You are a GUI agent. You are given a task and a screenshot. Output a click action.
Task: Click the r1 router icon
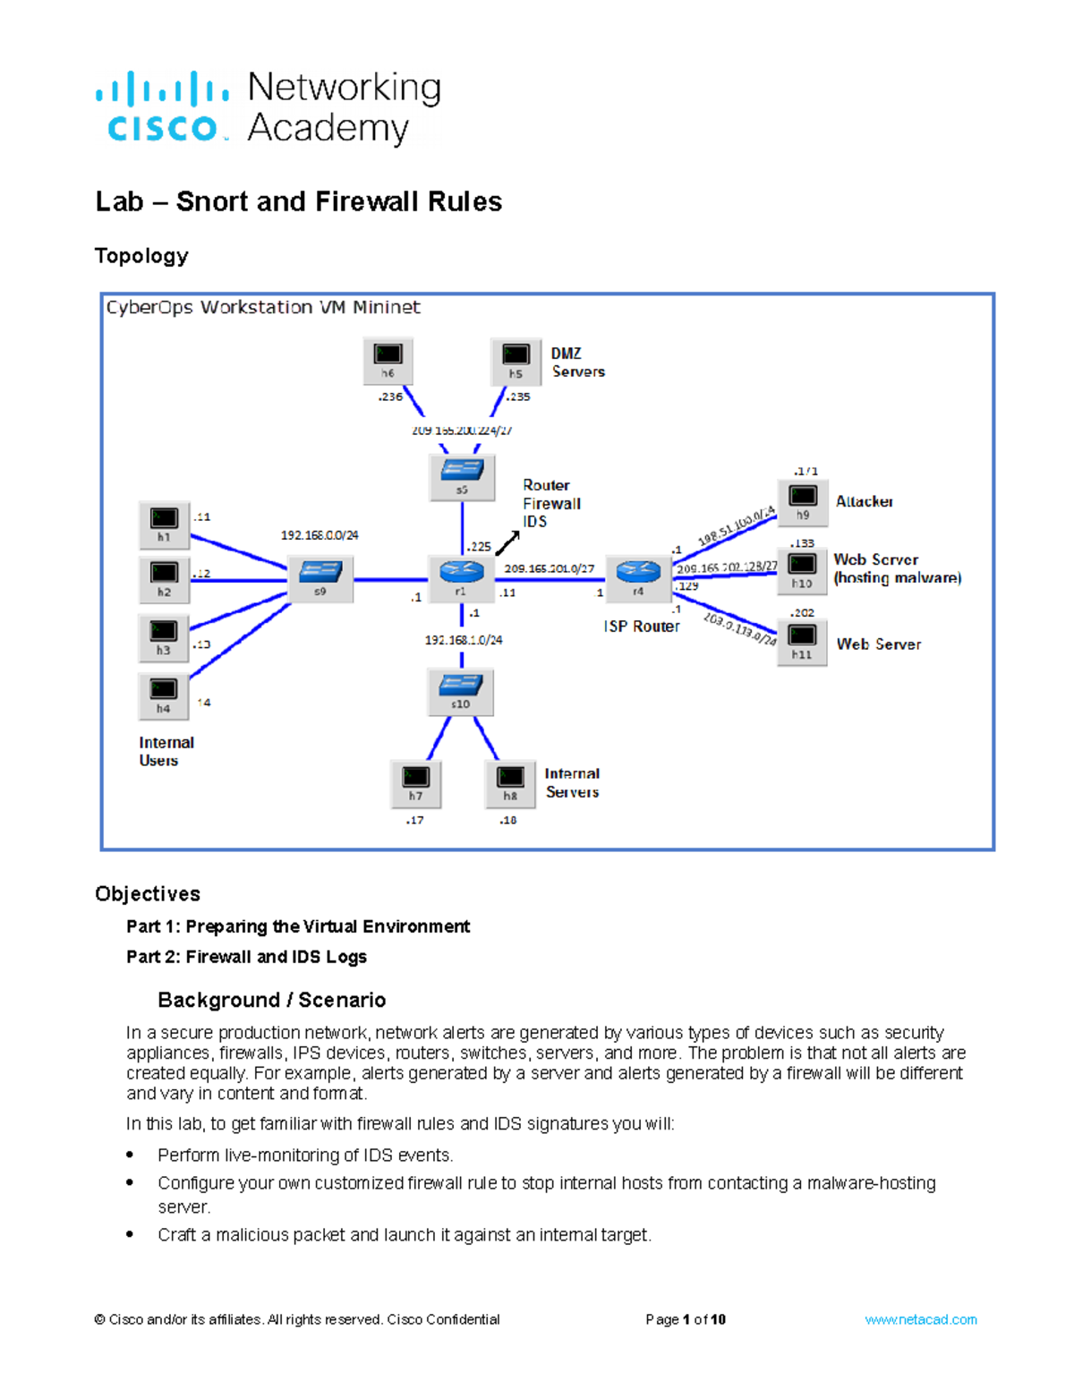coord(461,576)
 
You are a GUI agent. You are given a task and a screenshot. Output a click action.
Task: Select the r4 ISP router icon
coord(638,576)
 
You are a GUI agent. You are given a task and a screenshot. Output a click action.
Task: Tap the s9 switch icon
coord(320,577)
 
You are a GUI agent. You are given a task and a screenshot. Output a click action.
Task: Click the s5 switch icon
coord(462,475)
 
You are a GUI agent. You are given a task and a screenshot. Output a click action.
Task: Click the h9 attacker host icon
coord(803,501)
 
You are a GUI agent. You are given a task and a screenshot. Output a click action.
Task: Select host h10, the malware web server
coord(802,569)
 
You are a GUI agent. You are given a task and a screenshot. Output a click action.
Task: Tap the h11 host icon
coord(802,641)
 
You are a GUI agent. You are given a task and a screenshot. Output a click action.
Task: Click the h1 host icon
coord(164,524)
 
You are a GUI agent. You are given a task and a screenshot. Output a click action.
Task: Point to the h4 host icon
coord(164,695)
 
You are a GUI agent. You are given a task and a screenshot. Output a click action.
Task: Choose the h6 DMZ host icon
coord(388,360)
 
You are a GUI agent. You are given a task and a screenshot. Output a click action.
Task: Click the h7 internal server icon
coord(415,782)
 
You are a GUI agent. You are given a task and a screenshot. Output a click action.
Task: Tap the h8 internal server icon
coord(510,782)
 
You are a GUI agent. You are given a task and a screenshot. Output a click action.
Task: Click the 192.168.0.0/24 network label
coord(320,535)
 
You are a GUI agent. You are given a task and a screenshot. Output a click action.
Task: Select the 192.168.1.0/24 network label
coord(463,640)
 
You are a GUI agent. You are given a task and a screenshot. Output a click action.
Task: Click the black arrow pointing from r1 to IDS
coord(507,543)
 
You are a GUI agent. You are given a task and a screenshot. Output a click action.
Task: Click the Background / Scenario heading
coord(271,1000)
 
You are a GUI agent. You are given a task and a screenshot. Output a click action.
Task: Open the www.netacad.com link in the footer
coord(920,1319)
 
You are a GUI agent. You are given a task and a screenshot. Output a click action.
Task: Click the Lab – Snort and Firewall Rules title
coord(298,201)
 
